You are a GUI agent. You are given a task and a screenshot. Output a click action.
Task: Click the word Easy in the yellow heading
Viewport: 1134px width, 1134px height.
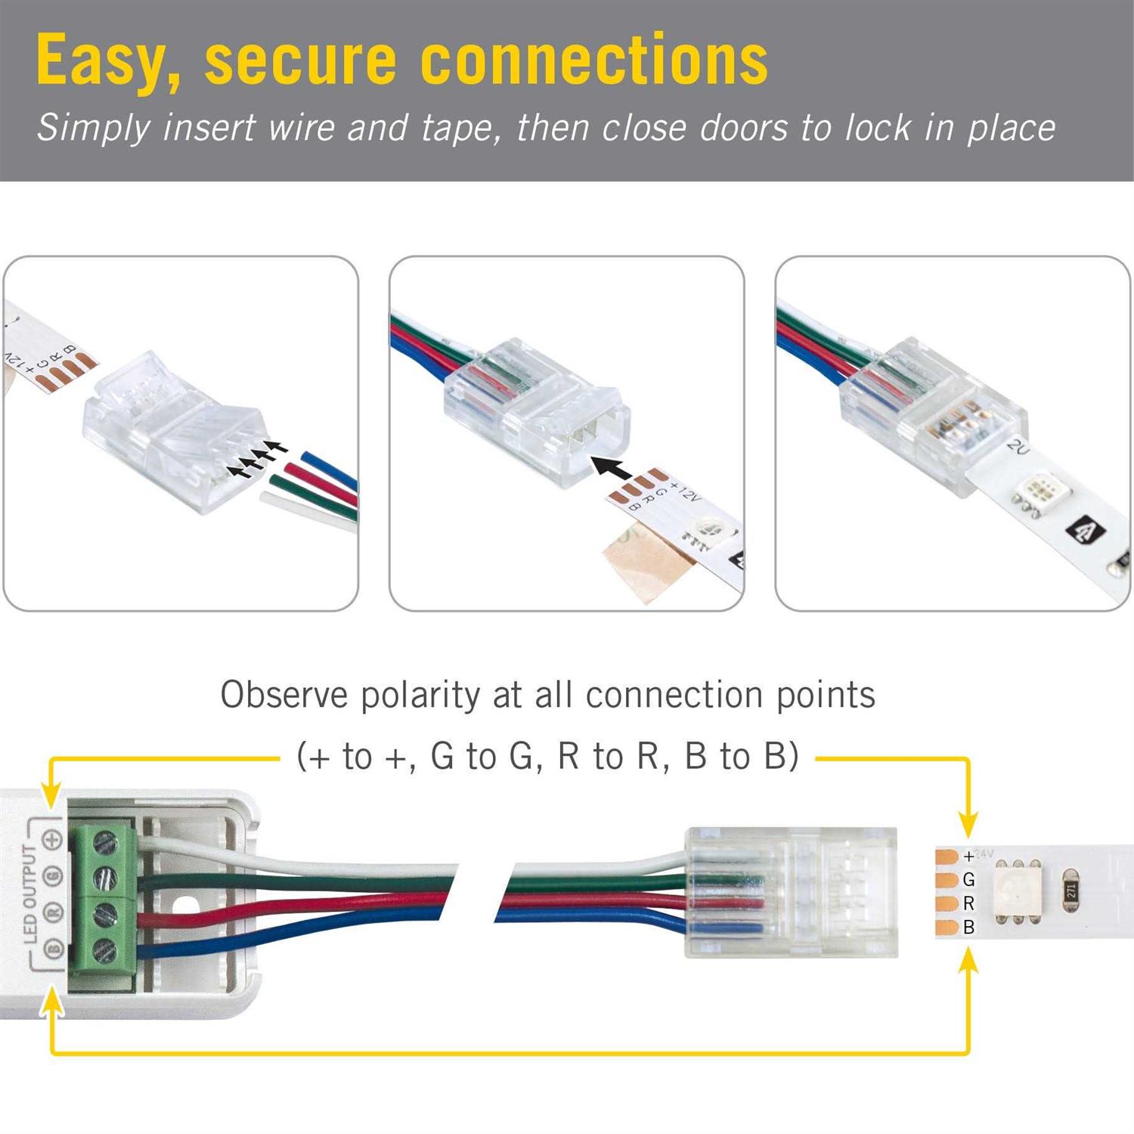point(104,60)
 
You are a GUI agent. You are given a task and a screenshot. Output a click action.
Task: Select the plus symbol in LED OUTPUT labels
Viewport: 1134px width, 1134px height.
point(51,839)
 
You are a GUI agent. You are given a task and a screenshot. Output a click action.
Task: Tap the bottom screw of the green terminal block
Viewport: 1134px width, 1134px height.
point(104,952)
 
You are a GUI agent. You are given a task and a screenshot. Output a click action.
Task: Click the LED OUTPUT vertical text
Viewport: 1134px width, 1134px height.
point(30,894)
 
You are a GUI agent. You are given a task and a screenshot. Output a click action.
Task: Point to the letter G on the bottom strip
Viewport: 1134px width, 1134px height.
point(968,880)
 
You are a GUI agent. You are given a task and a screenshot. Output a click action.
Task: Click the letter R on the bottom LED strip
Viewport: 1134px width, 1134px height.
point(968,903)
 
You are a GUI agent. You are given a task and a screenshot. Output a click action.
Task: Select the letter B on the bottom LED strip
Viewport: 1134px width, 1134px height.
point(968,927)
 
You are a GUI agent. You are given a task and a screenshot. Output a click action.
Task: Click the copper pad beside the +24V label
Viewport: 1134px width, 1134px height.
point(947,857)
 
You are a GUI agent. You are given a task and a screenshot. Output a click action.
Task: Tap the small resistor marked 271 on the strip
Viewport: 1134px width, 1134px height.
point(1070,892)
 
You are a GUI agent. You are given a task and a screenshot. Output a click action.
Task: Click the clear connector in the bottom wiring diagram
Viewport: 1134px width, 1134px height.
point(790,892)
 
